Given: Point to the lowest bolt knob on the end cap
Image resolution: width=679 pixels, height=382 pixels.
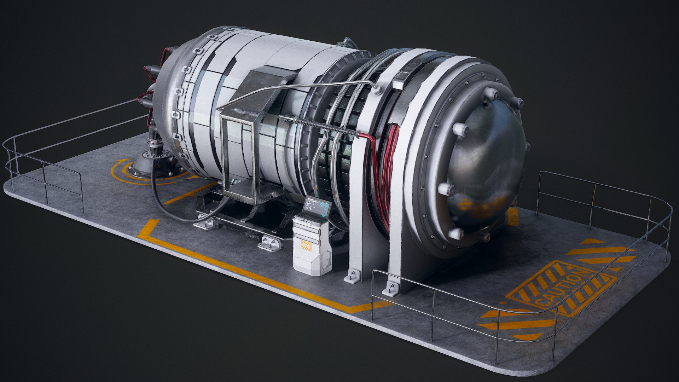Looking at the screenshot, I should coord(456,233).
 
